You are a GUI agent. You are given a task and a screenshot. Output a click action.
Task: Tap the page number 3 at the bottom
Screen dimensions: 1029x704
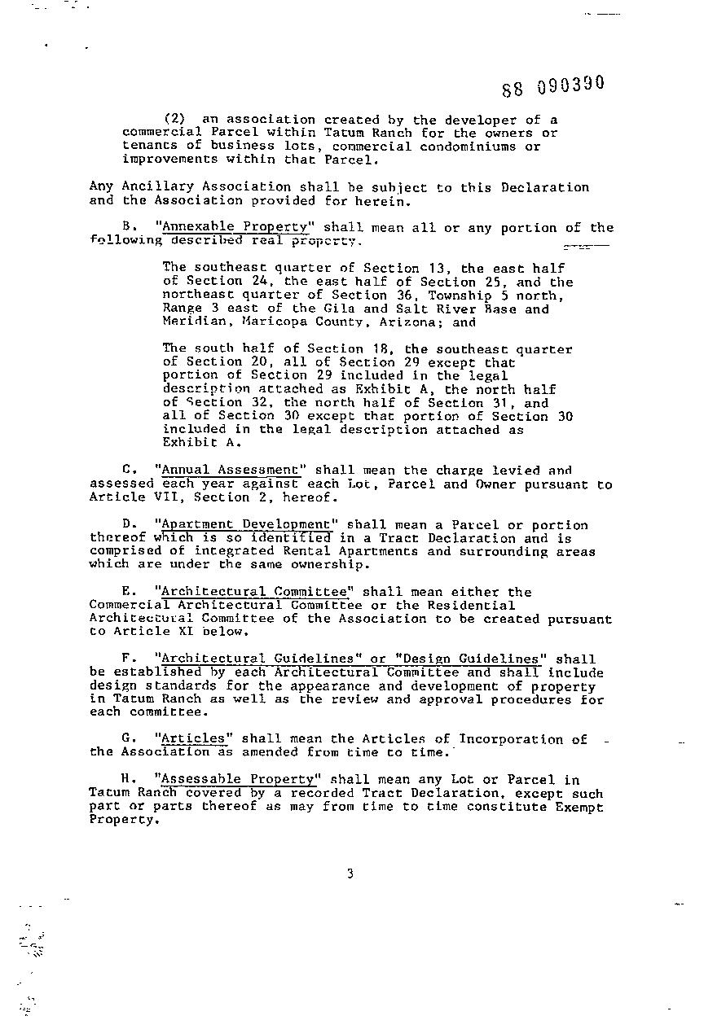[x=350, y=874]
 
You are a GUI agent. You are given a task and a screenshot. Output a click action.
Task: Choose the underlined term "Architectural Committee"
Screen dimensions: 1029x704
[x=253, y=592]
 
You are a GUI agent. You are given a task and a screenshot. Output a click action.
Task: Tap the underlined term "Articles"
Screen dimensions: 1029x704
[x=193, y=739]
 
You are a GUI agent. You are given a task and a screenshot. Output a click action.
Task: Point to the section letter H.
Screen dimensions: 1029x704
[x=126, y=779]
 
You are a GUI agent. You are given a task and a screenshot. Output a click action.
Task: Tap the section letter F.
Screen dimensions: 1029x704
[x=126, y=659]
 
